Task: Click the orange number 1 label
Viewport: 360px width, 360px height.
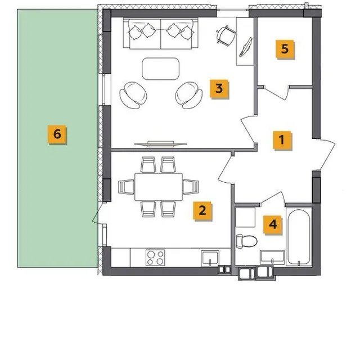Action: click(282, 140)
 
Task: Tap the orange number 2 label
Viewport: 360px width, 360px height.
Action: click(202, 210)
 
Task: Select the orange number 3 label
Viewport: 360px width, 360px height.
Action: click(219, 89)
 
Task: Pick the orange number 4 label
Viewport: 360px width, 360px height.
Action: click(272, 224)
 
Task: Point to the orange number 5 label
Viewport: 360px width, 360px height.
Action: click(285, 49)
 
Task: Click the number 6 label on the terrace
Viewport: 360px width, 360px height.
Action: click(57, 134)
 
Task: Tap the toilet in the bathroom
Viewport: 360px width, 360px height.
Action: click(246, 241)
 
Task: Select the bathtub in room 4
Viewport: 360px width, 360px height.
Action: click(299, 237)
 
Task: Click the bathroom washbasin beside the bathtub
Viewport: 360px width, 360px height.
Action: click(272, 258)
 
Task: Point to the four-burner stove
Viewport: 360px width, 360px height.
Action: click(155, 258)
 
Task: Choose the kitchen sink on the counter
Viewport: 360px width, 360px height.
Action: click(210, 258)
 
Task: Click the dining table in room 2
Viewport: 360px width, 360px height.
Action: click(159, 187)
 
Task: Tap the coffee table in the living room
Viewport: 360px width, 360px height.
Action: click(160, 69)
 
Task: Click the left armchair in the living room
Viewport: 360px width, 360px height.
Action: click(133, 95)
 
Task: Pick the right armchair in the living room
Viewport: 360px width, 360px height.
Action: click(189, 95)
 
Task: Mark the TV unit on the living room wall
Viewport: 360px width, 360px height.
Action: click(160, 144)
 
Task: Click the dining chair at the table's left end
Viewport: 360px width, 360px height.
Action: click(126, 187)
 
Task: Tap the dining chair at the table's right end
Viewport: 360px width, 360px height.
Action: click(191, 187)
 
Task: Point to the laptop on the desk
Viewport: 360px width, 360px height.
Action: click(245, 47)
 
